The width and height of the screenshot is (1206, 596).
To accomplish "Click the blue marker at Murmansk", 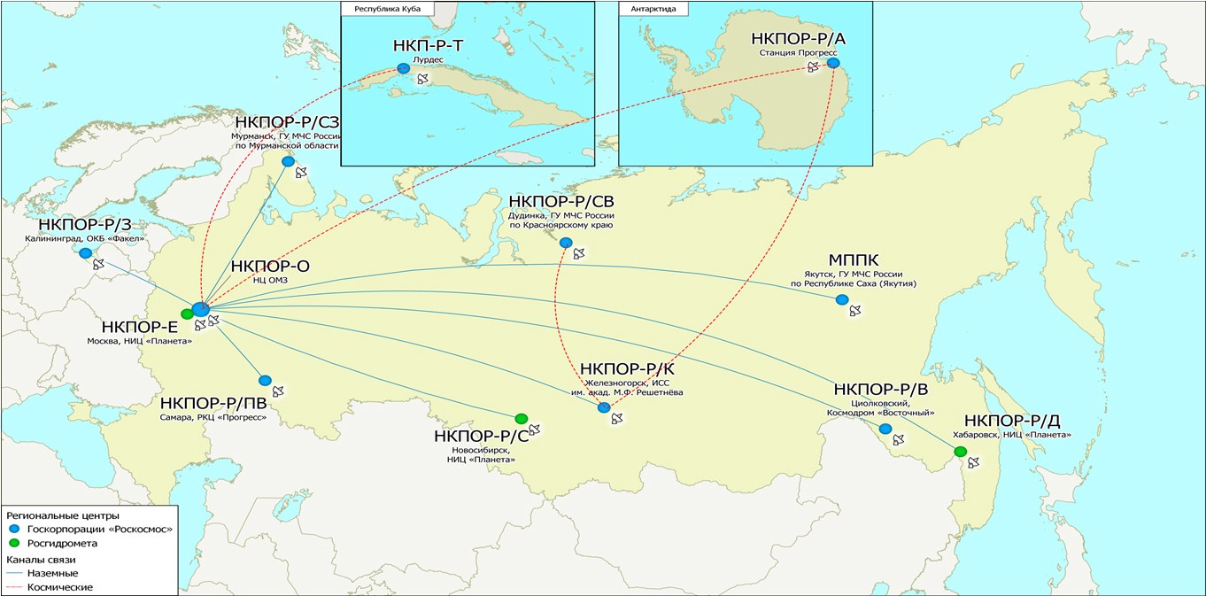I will tap(288, 161).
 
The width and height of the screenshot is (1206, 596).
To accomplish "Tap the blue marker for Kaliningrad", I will tap(85, 253).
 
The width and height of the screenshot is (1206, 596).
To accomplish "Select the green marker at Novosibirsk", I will tap(521, 418).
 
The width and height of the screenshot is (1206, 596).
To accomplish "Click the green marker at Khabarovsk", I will tap(960, 452).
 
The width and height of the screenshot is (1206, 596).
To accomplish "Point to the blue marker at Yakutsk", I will tap(842, 299).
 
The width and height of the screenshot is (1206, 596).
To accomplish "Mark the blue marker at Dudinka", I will tap(566, 243).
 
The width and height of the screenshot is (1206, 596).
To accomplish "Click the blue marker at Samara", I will tap(265, 381).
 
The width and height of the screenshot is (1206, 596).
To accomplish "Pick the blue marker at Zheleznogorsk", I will tap(604, 407).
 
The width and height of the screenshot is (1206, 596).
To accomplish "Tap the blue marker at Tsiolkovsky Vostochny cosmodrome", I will tap(885, 429).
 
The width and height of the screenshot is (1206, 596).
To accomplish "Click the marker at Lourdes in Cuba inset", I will tap(404, 68).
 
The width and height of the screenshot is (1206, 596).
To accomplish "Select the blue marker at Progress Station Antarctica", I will tap(832, 63).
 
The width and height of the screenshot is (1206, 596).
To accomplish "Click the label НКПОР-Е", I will tap(140, 326).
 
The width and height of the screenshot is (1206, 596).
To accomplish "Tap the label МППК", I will tap(853, 260).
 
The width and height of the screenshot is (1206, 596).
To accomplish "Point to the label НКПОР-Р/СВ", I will tap(561, 201).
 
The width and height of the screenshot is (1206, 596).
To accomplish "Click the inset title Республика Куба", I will tap(383, 9).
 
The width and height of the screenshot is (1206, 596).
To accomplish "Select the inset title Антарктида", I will tap(653, 9).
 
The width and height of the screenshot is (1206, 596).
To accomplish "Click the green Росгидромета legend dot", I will tap(13, 543).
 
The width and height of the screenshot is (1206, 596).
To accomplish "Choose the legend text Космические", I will tap(59, 587).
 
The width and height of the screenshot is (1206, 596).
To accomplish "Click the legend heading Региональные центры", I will tap(62, 515).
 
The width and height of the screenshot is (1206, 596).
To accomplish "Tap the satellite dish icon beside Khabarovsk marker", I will tap(974, 462).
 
